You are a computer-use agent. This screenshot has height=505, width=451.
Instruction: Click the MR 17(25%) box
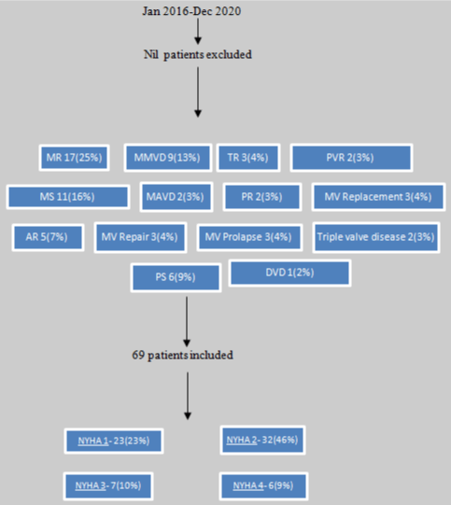pyautogui.click(x=75, y=158)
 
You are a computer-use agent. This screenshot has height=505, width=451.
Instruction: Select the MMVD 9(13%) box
pyautogui.click(x=168, y=158)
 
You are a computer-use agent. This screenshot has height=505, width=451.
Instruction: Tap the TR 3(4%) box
pyautogui.click(x=248, y=158)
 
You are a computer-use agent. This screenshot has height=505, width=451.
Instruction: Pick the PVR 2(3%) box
pyautogui.click(x=351, y=158)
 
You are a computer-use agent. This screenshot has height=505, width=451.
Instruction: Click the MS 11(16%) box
pyautogui.click(x=68, y=197)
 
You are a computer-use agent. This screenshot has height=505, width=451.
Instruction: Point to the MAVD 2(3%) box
pyautogui.click(x=176, y=197)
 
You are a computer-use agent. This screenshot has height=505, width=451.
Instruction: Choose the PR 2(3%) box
pyautogui.click(x=262, y=197)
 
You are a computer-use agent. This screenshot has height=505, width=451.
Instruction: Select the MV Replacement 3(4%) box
pyautogui.click(x=378, y=197)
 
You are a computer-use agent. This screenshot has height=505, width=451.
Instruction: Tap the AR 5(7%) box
pyautogui.click(x=48, y=237)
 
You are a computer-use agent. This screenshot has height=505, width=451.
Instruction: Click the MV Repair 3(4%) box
pyautogui.click(x=140, y=237)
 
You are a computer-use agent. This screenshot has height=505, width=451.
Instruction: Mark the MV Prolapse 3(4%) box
pyautogui.click(x=249, y=237)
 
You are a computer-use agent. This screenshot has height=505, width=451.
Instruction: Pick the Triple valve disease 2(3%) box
pyautogui.click(x=376, y=237)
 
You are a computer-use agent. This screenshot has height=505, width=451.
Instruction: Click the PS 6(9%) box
pyautogui.click(x=176, y=277)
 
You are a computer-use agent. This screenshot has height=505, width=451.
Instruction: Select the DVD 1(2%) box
pyautogui.click(x=289, y=273)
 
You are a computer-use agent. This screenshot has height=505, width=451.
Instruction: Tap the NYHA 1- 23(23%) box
pyautogui.click(x=114, y=441)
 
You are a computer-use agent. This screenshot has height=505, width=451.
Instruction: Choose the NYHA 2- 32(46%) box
pyautogui.click(x=263, y=440)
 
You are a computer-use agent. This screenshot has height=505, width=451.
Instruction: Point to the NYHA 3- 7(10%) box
pyautogui.click(x=108, y=486)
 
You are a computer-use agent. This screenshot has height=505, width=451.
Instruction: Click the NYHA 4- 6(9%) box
pyautogui.click(x=263, y=486)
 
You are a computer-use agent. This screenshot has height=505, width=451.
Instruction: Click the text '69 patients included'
pyautogui.click(x=182, y=356)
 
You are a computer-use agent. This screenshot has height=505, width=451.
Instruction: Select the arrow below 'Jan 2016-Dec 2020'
pyautogui.click(x=198, y=31)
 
